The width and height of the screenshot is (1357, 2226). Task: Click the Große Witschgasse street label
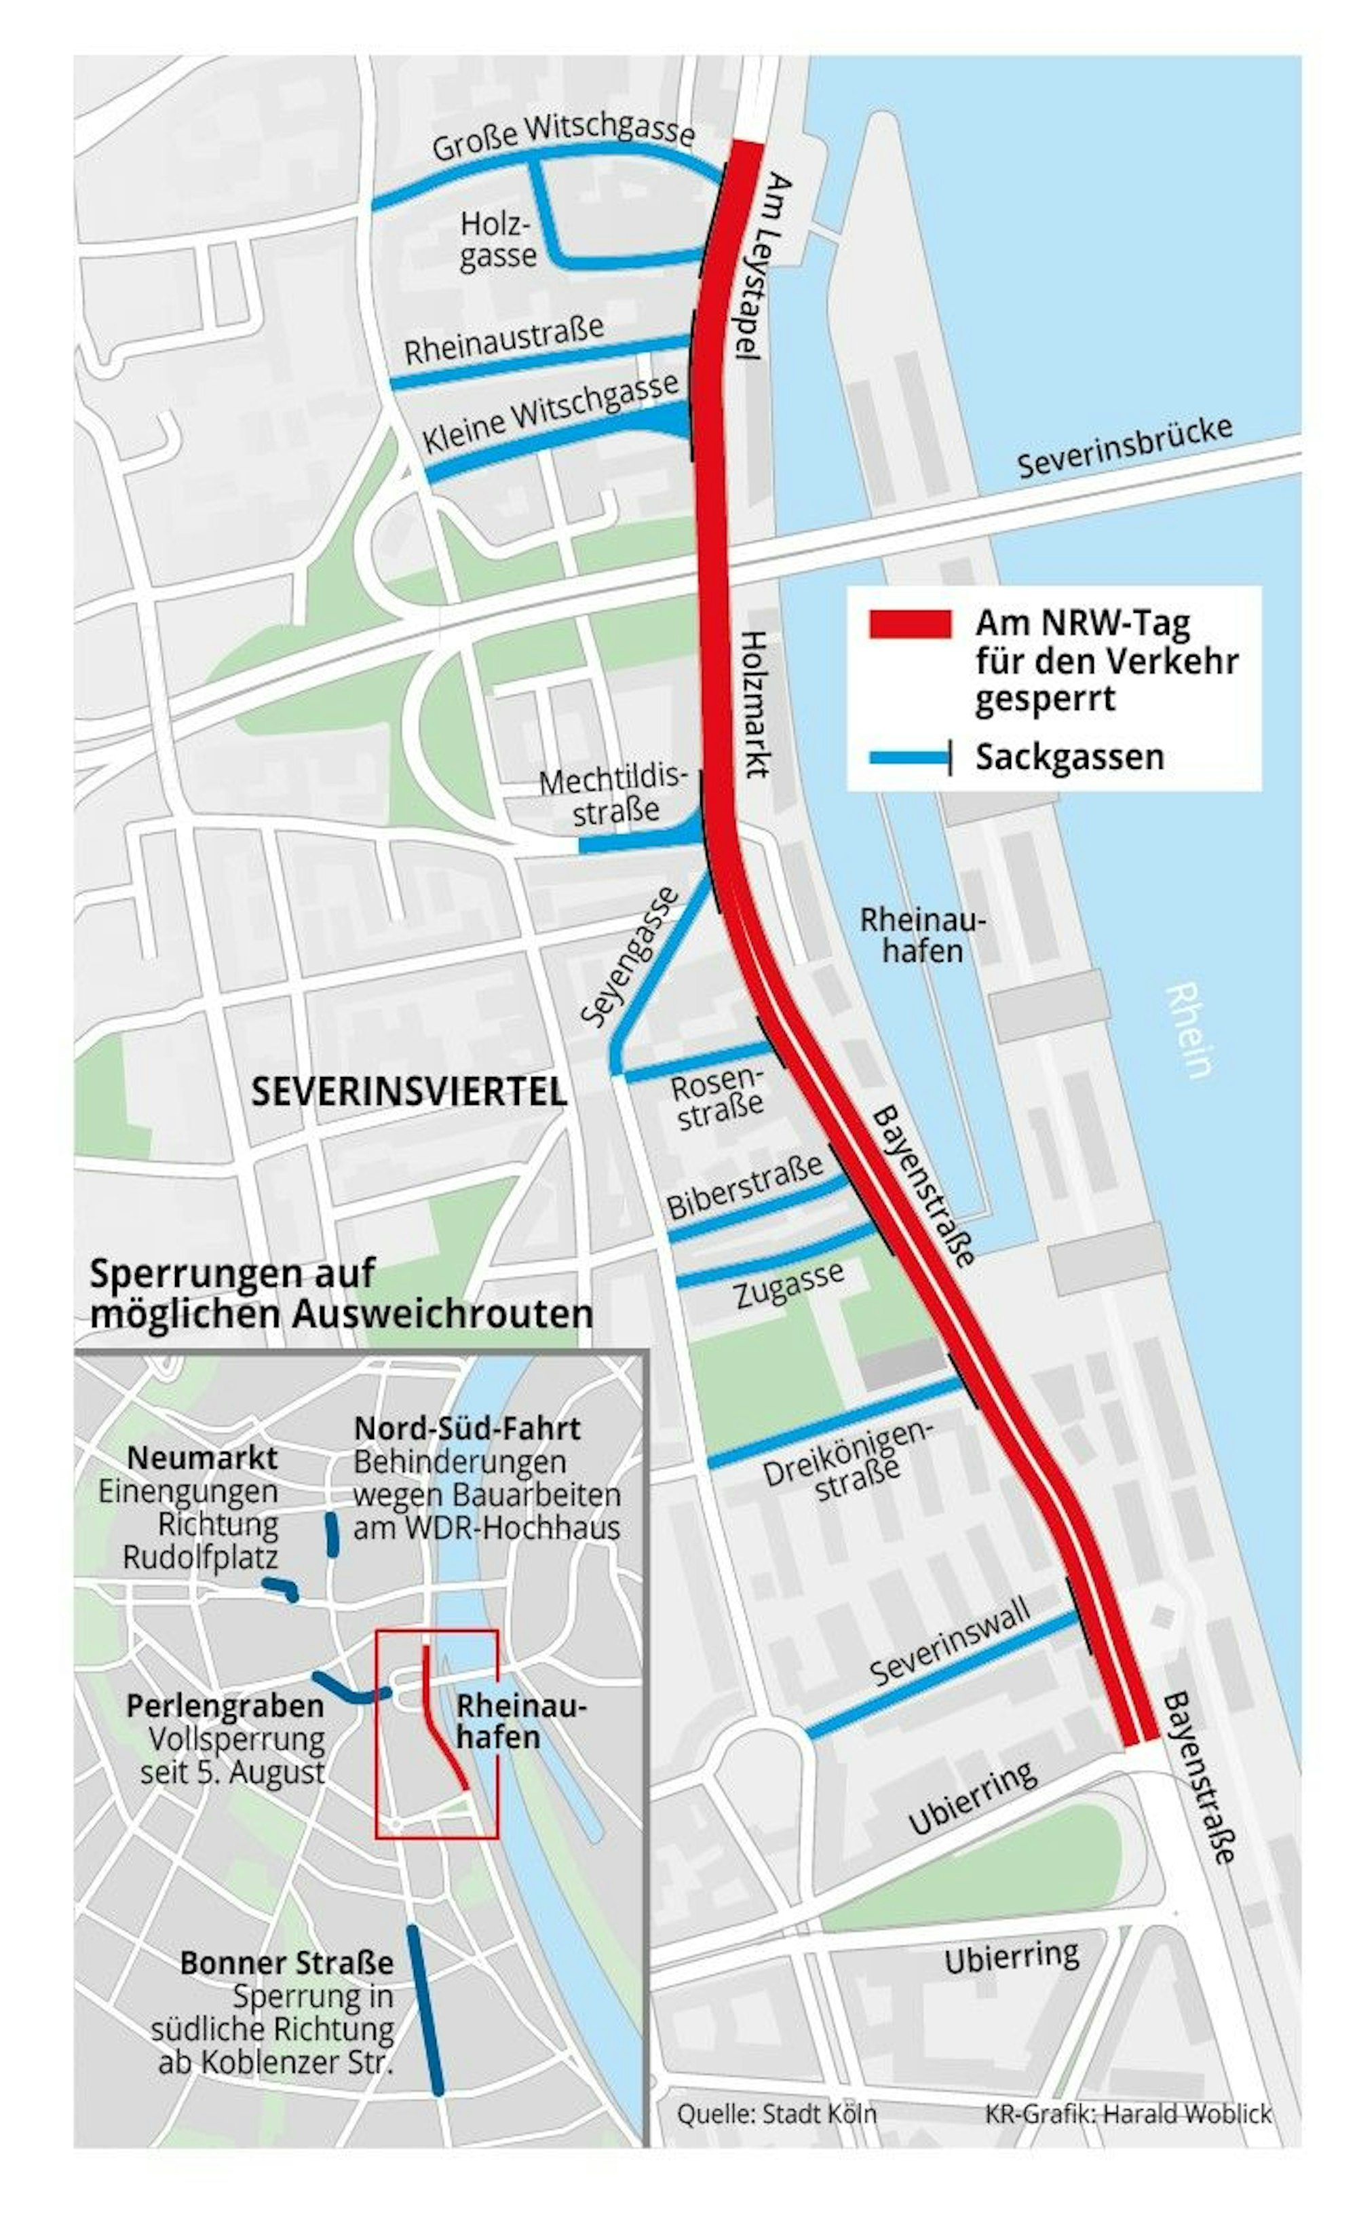[562, 136]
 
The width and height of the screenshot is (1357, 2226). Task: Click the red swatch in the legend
[909, 624]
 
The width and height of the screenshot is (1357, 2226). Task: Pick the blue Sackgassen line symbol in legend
[907, 758]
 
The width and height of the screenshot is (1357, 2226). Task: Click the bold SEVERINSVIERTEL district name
[408, 1091]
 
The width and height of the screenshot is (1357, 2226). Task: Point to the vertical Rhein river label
[1187, 1030]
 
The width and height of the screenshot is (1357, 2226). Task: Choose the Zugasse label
[788, 1285]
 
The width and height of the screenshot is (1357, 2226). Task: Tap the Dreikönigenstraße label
[847, 1460]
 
